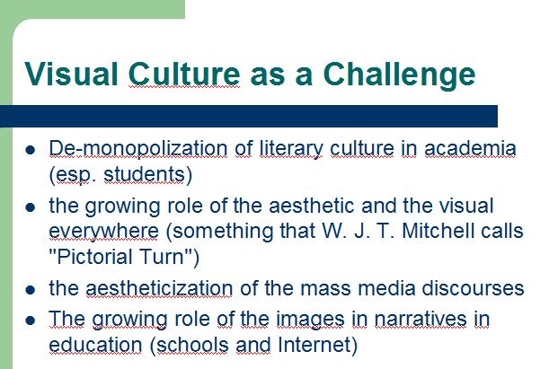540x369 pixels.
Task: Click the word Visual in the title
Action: pos(71,74)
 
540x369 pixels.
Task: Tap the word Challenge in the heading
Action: pos(399,76)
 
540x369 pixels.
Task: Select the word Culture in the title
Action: pos(184,74)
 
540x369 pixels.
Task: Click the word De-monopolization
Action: pos(138,150)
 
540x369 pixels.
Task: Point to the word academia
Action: pos(470,148)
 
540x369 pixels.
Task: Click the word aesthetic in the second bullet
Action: pos(311,206)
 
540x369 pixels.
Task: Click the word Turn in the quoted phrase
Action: pos(162,257)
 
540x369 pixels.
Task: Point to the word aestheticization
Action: pos(159,288)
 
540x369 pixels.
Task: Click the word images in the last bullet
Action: pos(310,321)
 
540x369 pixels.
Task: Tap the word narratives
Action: pos(420,319)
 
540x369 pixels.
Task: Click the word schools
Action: pos(192,345)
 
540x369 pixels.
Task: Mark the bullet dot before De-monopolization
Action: pos(31,150)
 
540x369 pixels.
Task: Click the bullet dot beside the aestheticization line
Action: pos(31,289)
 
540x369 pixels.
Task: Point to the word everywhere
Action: pos(103,232)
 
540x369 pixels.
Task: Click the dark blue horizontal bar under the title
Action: pos(249,117)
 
